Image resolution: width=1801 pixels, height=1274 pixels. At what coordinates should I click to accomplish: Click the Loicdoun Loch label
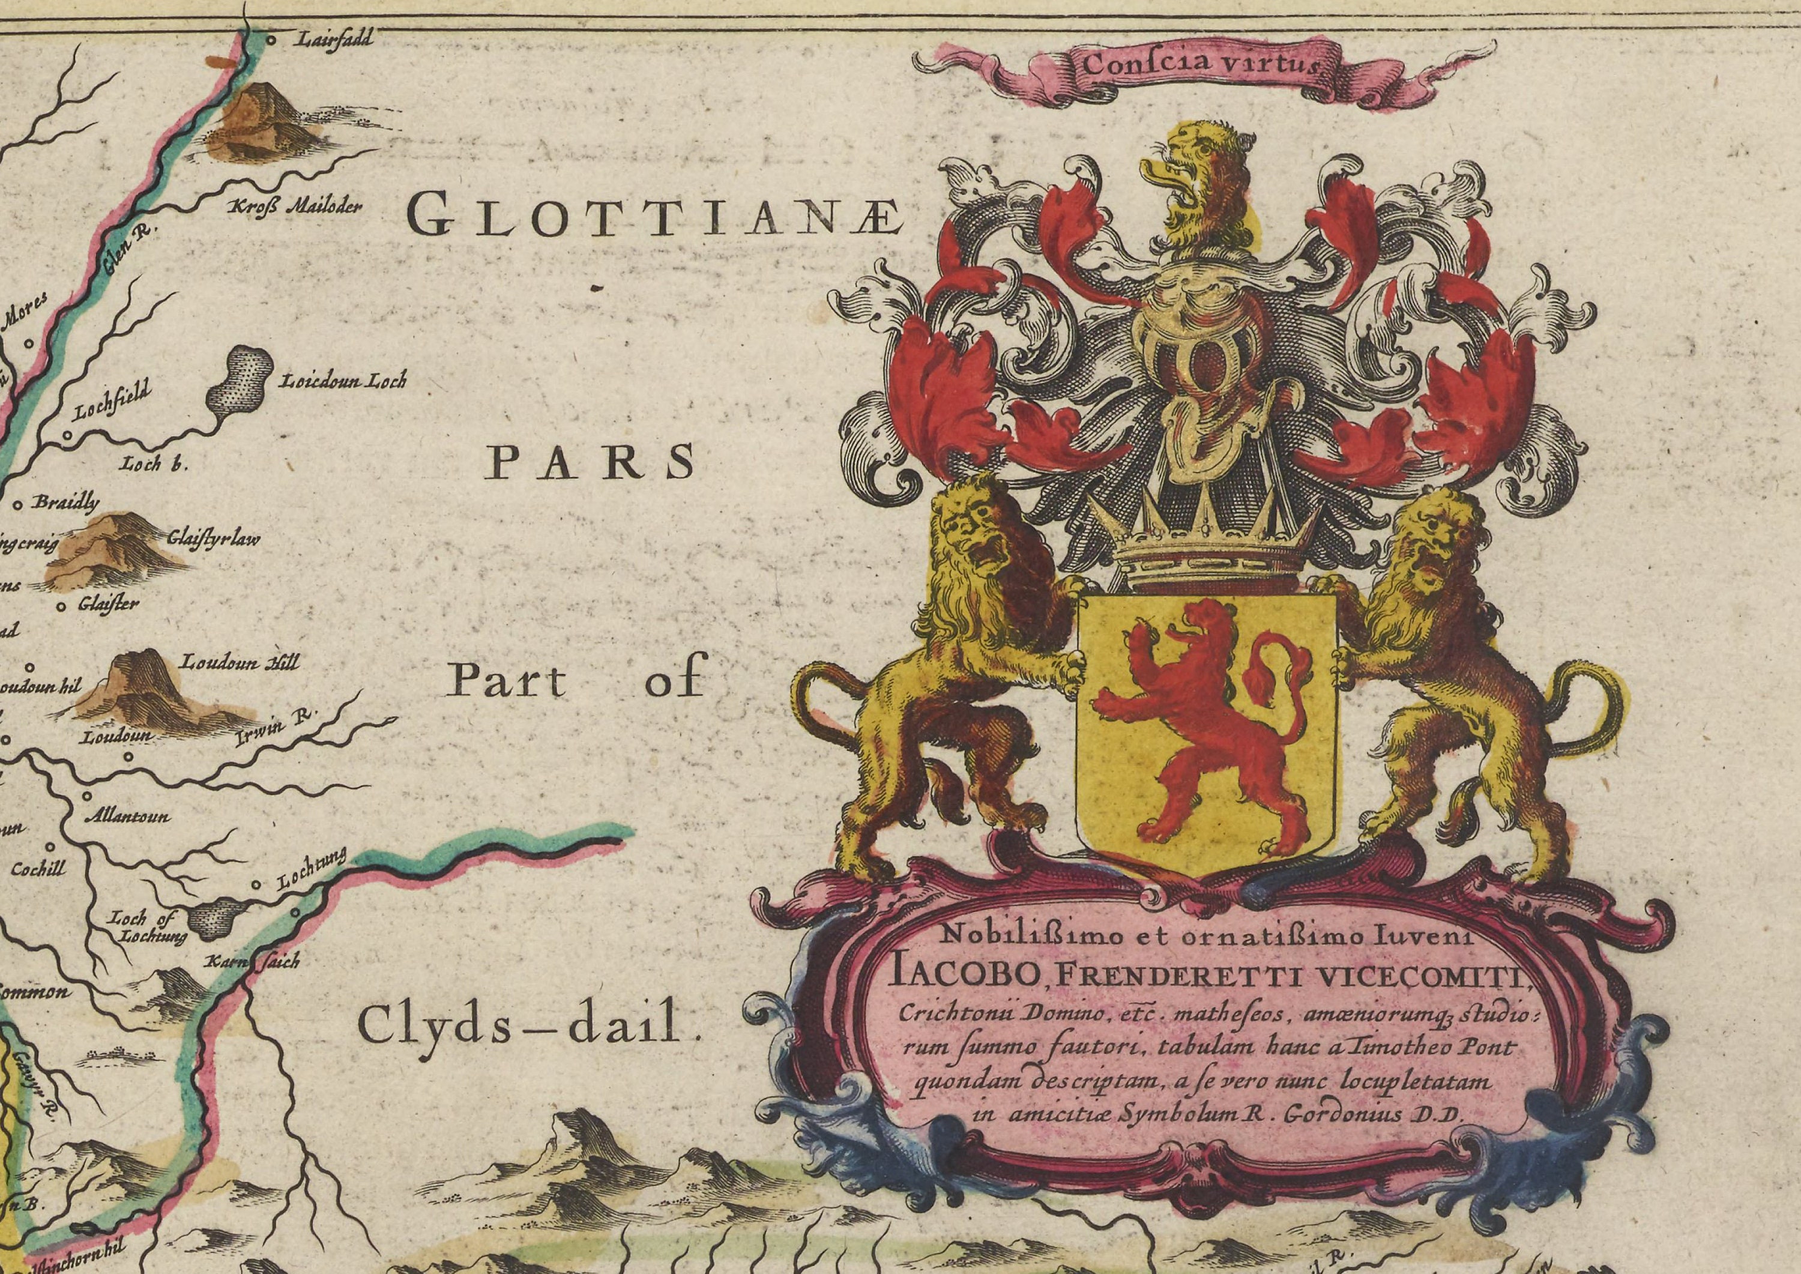[x=343, y=382]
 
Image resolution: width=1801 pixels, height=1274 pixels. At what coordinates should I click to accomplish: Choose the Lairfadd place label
[x=333, y=37]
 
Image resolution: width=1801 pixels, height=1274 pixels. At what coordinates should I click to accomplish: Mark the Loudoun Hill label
[x=240, y=663]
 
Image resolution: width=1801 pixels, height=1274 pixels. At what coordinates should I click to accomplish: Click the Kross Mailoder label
[x=294, y=208]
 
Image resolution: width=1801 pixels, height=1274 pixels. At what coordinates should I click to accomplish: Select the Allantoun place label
[x=128, y=817]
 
